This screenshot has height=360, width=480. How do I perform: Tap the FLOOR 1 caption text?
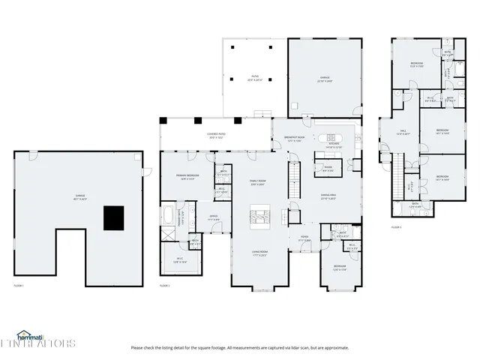[x=19, y=285]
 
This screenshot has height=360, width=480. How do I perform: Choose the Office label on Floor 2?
[x=213, y=218]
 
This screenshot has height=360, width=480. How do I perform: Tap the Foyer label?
[x=306, y=238]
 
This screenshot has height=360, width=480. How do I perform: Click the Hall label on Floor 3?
[x=400, y=134]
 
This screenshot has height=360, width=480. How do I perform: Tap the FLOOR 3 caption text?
[x=396, y=226]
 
